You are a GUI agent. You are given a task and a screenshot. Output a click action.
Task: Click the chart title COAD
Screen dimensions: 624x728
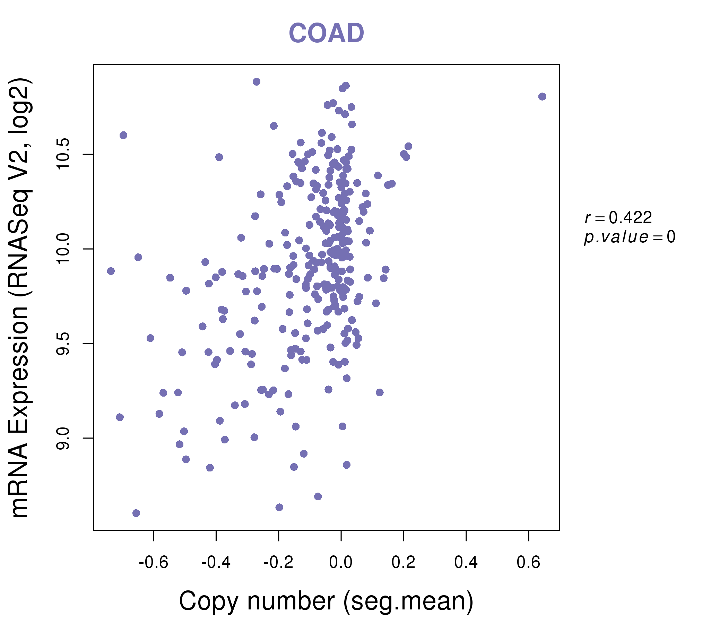(x=326, y=33)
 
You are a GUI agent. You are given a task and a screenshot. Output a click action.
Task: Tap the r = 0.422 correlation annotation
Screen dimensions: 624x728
(x=618, y=218)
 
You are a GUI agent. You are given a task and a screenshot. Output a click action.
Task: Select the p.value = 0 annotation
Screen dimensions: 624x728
(x=629, y=237)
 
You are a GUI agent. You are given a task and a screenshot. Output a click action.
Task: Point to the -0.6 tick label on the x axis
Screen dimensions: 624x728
(x=154, y=563)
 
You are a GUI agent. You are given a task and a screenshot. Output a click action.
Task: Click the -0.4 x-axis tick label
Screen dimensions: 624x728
(x=216, y=563)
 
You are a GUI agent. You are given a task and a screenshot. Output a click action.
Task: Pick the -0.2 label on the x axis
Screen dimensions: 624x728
(x=278, y=563)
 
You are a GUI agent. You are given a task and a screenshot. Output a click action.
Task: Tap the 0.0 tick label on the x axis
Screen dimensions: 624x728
(x=341, y=563)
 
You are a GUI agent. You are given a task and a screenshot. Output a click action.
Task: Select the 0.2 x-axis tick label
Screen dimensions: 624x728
(x=404, y=563)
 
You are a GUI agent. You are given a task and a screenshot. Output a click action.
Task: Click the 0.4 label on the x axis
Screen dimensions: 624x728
(x=466, y=563)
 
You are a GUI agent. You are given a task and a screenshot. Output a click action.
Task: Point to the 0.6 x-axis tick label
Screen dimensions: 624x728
(x=528, y=563)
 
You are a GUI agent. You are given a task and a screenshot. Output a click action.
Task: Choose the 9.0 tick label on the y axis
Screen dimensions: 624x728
(x=63, y=438)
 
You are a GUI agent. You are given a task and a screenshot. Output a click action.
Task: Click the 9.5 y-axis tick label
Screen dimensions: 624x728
(x=63, y=344)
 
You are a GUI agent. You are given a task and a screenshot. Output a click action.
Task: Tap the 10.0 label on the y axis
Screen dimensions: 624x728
(x=63, y=249)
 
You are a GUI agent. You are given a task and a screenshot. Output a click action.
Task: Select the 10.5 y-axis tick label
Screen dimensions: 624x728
(x=63, y=154)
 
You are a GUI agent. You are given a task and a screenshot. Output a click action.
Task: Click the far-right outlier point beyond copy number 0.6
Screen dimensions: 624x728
(x=542, y=97)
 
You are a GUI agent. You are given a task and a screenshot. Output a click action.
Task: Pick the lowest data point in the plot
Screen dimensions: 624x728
(x=136, y=513)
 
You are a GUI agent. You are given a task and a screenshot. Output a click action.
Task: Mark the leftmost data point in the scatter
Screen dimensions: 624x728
(x=111, y=271)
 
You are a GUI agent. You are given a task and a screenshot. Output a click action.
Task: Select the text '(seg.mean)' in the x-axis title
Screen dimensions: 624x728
(x=408, y=601)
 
